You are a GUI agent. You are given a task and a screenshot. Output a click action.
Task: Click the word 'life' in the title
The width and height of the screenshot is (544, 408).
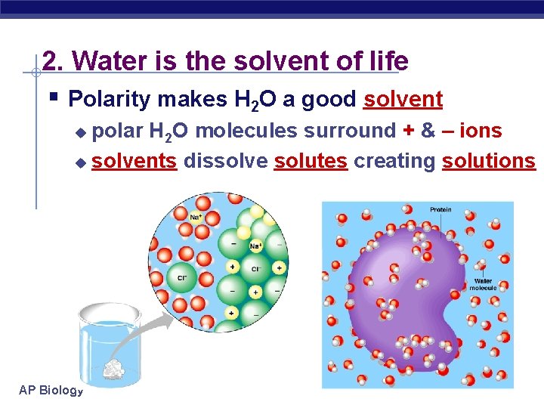(x=386, y=61)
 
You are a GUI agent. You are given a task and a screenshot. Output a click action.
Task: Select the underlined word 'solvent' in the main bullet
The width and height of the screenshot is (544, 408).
(x=403, y=99)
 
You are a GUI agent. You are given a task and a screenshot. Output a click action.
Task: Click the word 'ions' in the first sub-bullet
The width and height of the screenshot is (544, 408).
(x=481, y=131)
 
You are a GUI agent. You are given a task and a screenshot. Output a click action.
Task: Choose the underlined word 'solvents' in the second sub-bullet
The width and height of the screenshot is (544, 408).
(x=134, y=161)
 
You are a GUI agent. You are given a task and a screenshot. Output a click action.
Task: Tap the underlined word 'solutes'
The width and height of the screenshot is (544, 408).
(x=311, y=161)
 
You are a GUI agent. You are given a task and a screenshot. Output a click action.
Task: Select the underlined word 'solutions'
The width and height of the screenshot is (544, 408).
(x=488, y=161)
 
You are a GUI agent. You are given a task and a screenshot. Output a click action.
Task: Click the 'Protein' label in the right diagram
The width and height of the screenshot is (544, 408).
(x=440, y=209)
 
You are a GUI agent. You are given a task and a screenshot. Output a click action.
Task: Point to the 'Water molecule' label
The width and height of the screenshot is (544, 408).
(x=483, y=284)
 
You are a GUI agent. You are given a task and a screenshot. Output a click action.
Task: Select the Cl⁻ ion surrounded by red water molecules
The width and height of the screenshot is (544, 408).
(x=182, y=277)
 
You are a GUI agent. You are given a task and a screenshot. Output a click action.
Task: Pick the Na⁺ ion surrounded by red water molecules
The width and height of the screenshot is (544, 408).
(x=195, y=218)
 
